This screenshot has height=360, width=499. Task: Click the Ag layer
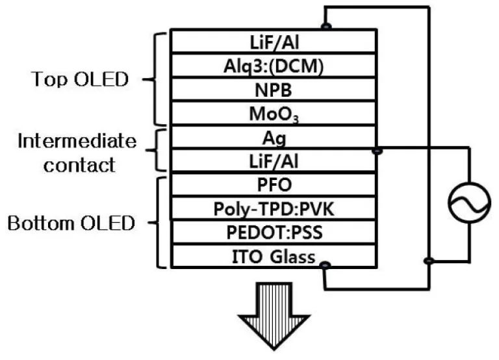tap(274, 138)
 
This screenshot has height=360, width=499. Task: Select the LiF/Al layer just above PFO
tap(274, 161)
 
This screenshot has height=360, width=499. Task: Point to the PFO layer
tap(274, 186)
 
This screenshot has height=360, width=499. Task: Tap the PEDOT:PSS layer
tap(274, 232)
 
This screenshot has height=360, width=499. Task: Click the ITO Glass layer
tap(274, 256)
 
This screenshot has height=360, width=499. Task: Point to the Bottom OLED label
tap(71, 224)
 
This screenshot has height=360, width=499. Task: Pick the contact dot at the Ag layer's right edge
tap(378, 151)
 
